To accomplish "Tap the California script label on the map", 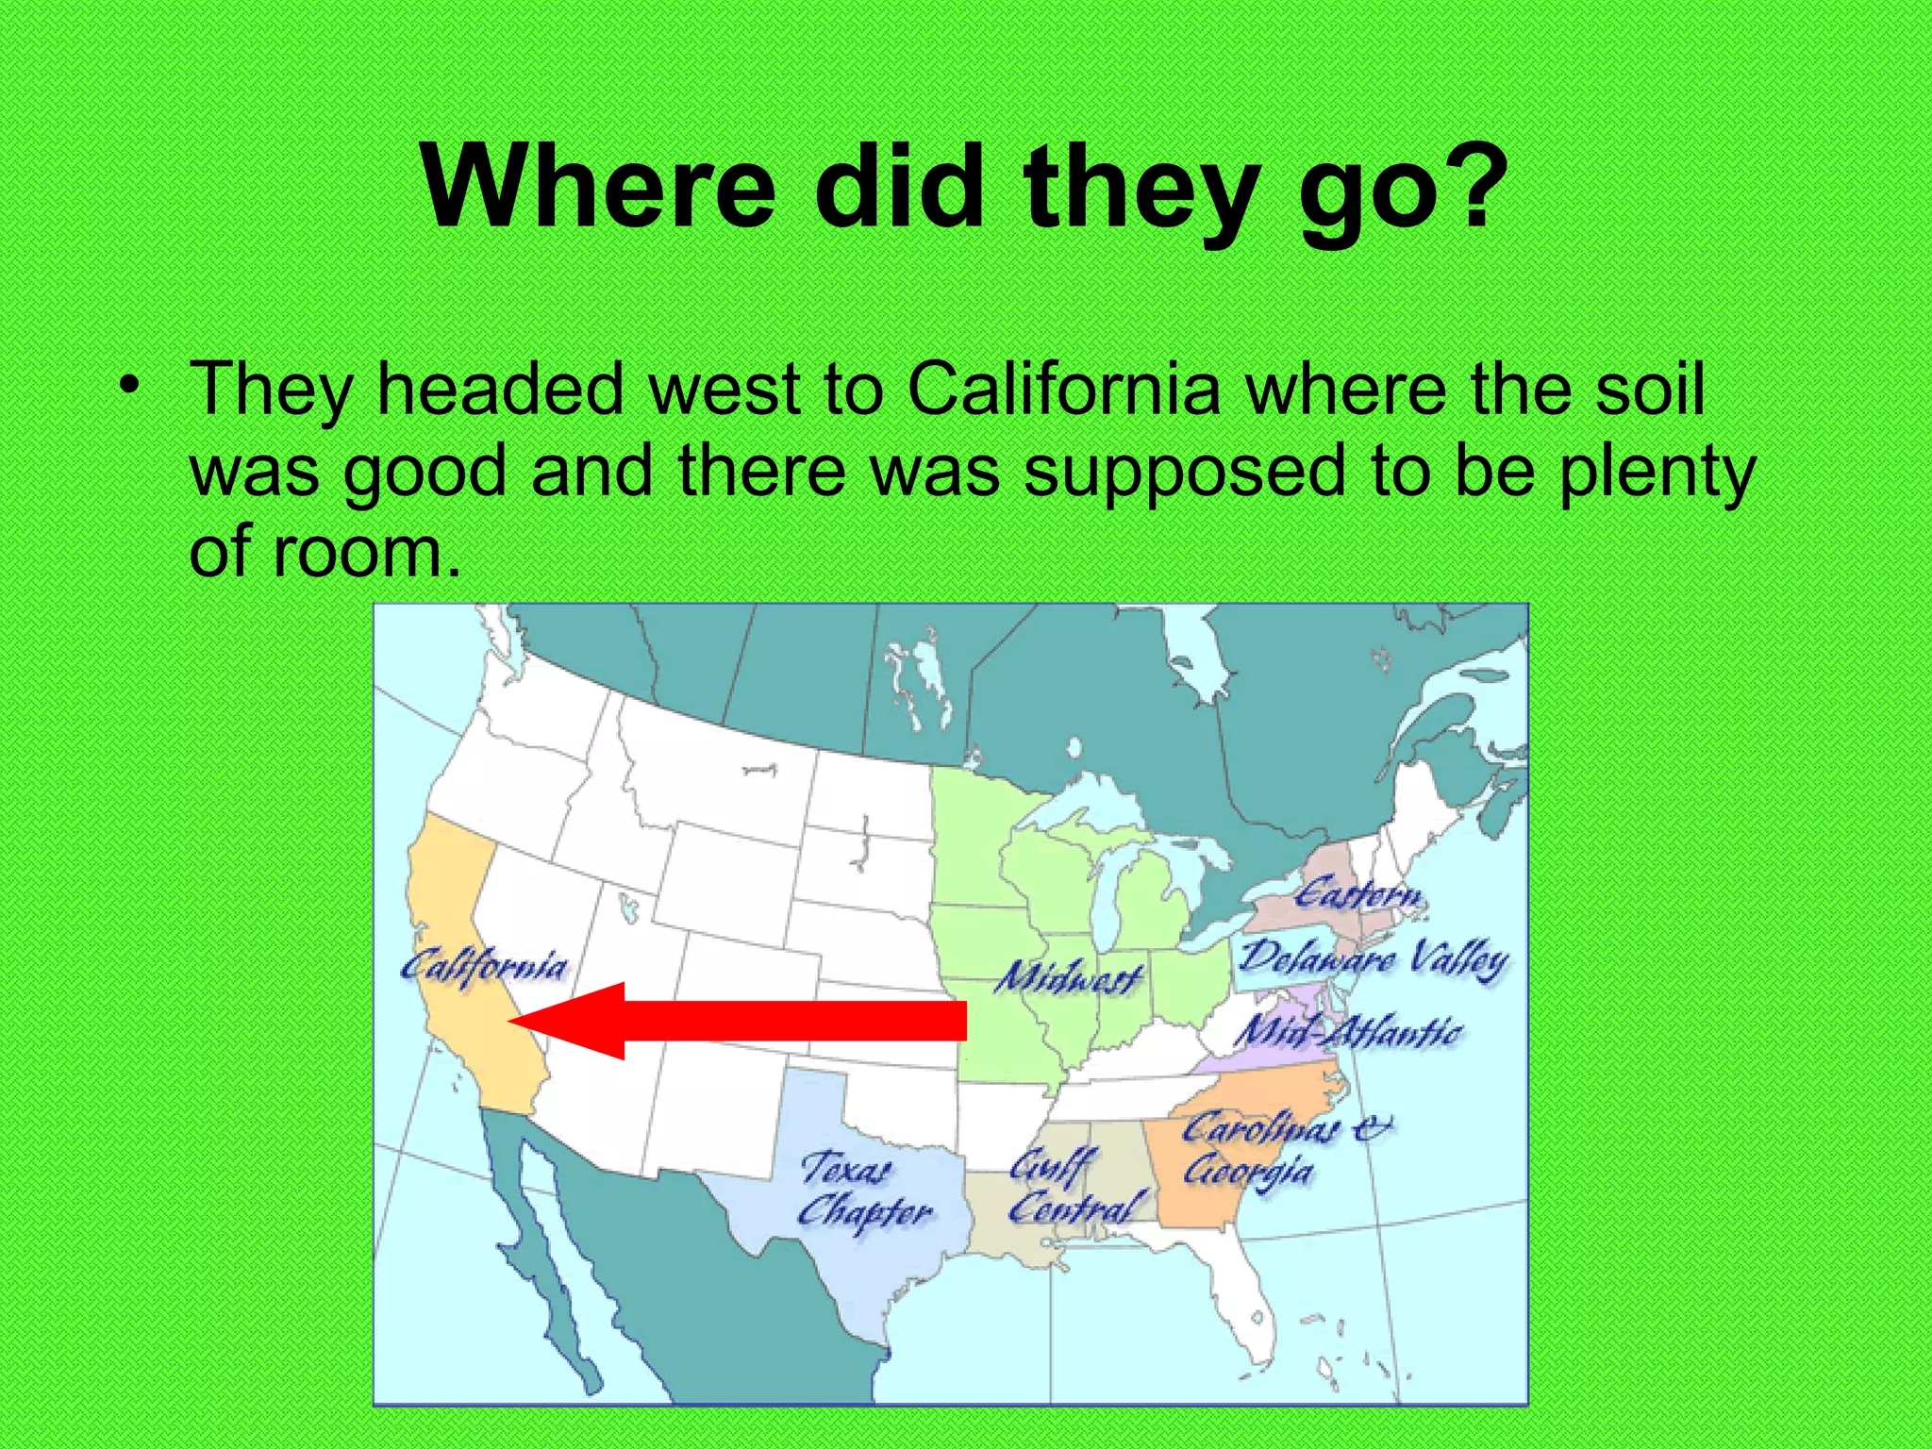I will pyautogui.click(x=484, y=967).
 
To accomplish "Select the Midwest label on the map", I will pyautogui.click(x=1069, y=977).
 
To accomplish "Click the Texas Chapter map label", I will pyautogui.click(x=863, y=1191).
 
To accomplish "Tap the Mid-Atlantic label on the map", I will pyautogui.click(x=1349, y=1030).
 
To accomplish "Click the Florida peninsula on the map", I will pyautogui.click(x=1245, y=1302).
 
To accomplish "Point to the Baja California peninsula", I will pyautogui.click(x=538, y=1255).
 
